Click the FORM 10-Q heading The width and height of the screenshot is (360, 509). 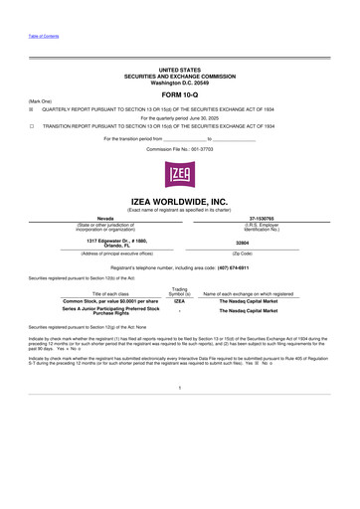[179, 94]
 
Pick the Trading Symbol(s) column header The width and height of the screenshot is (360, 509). [180, 291]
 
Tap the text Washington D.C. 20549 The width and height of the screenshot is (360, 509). [179, 80]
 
